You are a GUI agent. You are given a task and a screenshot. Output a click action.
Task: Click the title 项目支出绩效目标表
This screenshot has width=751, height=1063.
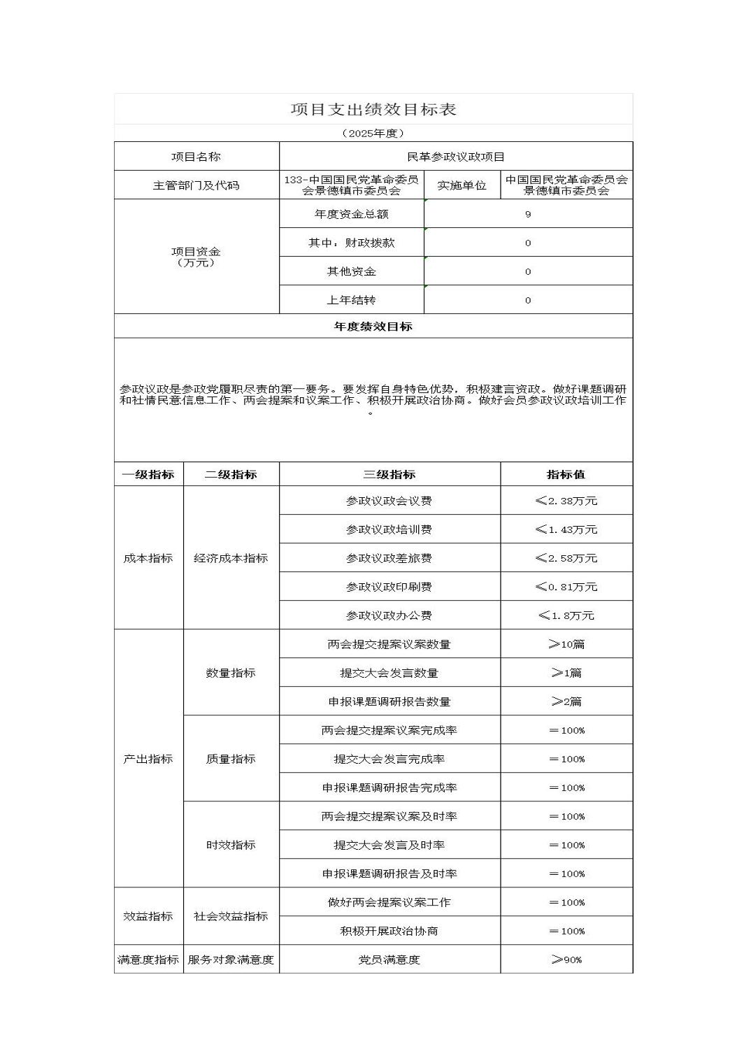pyautogui.click(x=373, y=110)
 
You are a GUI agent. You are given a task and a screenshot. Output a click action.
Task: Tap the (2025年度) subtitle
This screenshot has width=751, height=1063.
pyautogui.click(x=373, y=133)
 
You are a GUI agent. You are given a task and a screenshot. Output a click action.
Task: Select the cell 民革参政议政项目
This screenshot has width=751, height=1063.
pyautogui.click(x=456, y=157)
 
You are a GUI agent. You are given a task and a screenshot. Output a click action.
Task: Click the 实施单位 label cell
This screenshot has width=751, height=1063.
pyautogui.click(x=462, y=185)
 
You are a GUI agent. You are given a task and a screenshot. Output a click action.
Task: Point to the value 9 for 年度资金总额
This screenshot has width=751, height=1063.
pyautogui.click(x=528, y=214)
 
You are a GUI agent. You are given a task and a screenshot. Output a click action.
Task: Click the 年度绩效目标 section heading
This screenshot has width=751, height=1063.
pyautogui.click(x=373, y=327)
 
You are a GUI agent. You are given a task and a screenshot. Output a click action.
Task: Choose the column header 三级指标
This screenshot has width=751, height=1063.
pyautogui.click(x=389, y=474)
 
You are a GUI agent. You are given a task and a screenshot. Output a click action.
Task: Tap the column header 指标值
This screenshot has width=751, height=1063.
pyautogui.click(x=566, y=474)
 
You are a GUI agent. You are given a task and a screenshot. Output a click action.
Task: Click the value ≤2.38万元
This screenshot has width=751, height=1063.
pyautogui.click(x=566, y=501)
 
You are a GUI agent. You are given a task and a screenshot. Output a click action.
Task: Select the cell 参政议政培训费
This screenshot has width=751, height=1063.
pyautogui.click(x=389, y=529)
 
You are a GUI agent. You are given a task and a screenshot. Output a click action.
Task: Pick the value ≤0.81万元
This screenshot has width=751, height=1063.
pyautogui.click(x=566, y=587)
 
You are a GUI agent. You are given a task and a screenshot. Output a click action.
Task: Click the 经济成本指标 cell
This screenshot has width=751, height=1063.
pyautogui.click(x=231, y=558)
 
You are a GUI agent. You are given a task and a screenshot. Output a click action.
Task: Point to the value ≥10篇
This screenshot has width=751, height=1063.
pyautogui.click(x=566, y=644)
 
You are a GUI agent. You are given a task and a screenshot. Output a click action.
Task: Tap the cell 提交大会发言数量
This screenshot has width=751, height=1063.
pyautogui.click(x=389, y=673)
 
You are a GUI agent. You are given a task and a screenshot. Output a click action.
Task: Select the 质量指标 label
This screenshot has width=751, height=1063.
pyautogui.click(x=231, y=759)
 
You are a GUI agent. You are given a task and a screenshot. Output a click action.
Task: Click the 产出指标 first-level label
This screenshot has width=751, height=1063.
pyautogui.click(x=148, y=759)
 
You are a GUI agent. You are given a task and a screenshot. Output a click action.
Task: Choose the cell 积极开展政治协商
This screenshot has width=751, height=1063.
pyautogui.click(x=389, y=931)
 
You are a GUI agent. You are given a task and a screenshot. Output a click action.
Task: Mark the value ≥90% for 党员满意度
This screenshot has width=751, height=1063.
pyautogui.click(x=566, y=959)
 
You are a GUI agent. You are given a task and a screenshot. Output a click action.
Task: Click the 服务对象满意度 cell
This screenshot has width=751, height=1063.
pyautogui.click(x=231, y=959)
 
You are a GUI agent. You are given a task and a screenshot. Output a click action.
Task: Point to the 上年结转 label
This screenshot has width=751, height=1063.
pyautogui.click(x=351, y=300)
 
